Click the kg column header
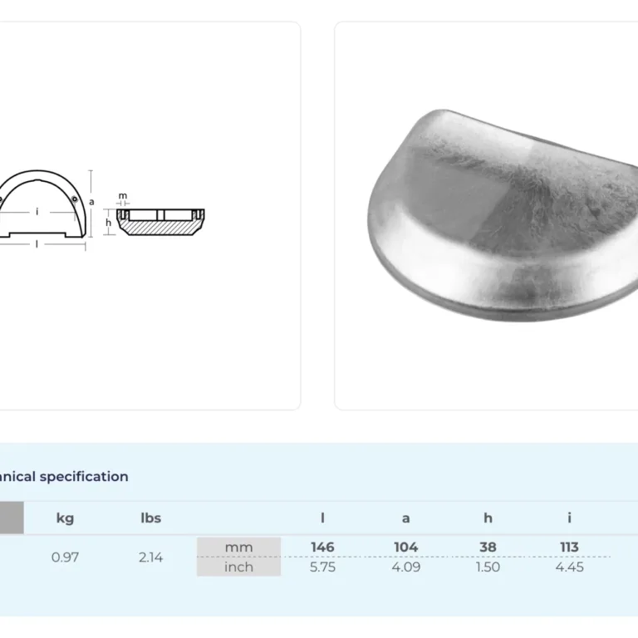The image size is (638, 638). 65,518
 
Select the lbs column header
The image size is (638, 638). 150,518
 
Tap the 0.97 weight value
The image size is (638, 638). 65,557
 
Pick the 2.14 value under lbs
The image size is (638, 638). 150,557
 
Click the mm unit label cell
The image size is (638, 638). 239,547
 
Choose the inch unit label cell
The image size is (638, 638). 239,567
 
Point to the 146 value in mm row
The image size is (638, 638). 322,547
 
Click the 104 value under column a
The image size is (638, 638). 406,547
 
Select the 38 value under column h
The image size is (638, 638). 488,547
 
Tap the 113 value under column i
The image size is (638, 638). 569,547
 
